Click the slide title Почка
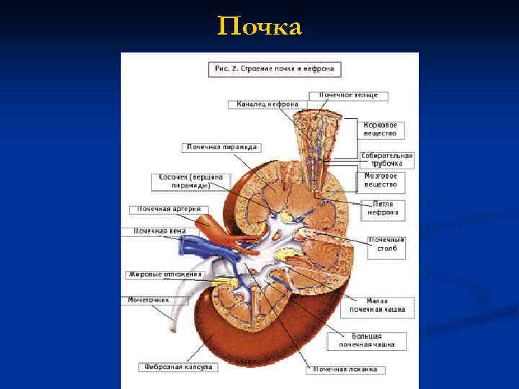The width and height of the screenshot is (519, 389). click(x=259, y=27)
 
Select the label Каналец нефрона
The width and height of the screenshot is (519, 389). click(x=267, y=104)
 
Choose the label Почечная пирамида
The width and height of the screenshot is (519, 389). click(x=221, y=146)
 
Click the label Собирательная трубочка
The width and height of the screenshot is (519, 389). click(x=387, y=159)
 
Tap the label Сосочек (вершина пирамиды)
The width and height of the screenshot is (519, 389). click(x=191, y=181)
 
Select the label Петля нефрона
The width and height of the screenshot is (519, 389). click(x=383, y=208)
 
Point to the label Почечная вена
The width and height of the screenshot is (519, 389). click(x=159, y=231)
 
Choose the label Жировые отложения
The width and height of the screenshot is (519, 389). click(x=165, y=274)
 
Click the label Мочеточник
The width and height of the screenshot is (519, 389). click(x=148, y=298)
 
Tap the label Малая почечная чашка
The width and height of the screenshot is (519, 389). click(x=377, y=305)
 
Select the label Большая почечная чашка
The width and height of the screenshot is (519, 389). click(x=367, y=340)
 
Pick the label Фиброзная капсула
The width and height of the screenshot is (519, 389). click(x=177, y=367)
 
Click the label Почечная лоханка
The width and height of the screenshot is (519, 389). click(x=345, y=370)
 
